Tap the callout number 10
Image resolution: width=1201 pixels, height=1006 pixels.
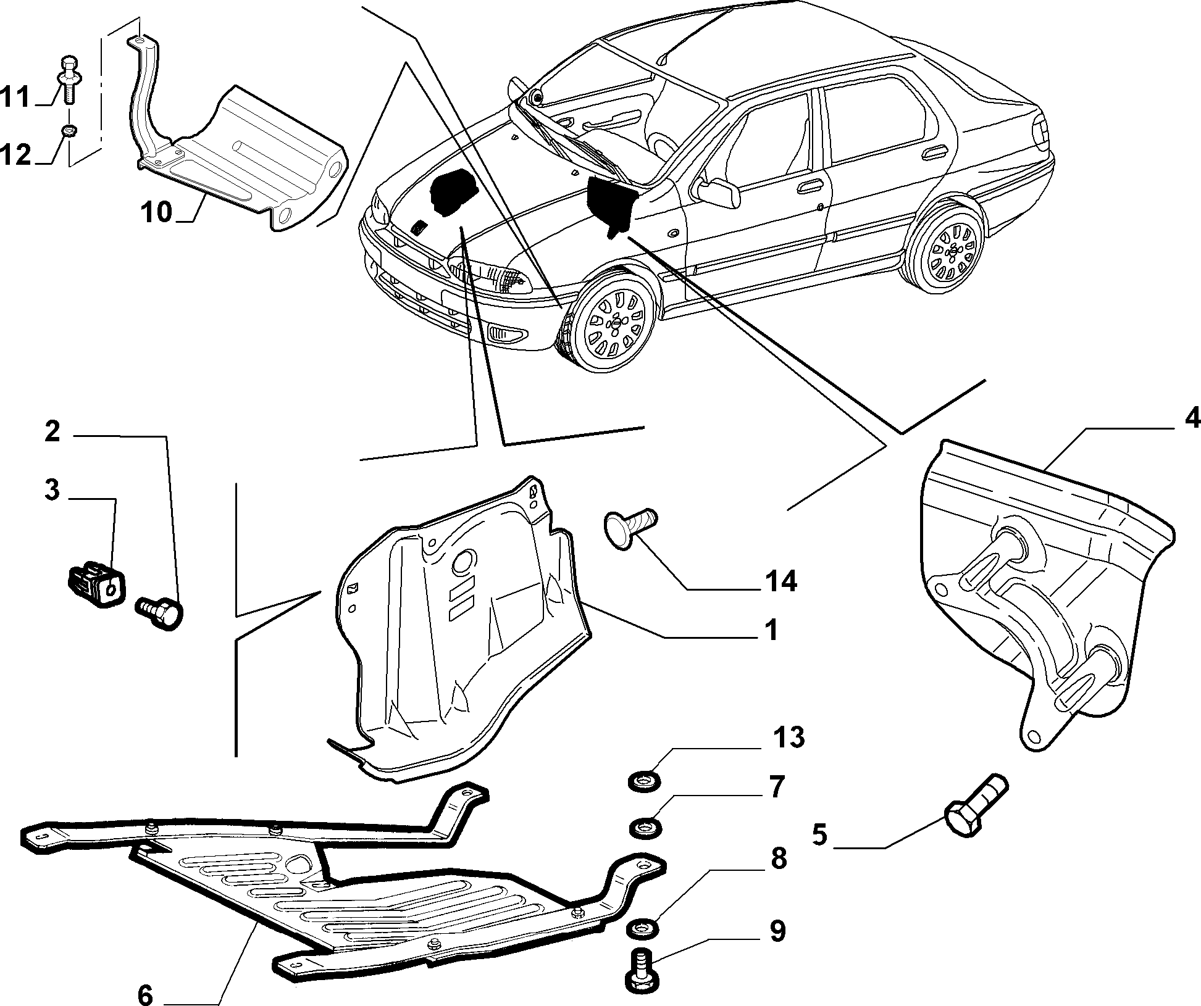(156, 212)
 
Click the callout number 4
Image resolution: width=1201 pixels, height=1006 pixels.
(1190, 419)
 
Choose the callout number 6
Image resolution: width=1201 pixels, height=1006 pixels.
(146, 994)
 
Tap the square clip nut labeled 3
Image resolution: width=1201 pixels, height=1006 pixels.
(95, 581)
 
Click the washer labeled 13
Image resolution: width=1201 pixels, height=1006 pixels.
(645, 780)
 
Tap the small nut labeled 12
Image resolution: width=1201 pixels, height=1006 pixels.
(70, 130)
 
